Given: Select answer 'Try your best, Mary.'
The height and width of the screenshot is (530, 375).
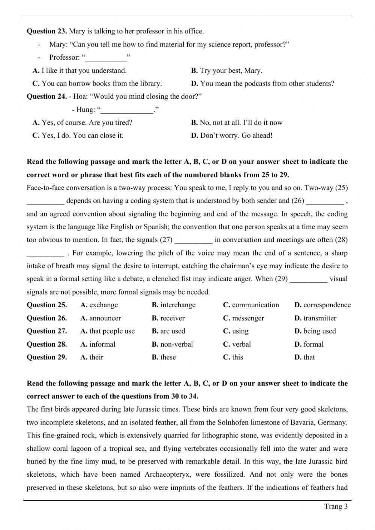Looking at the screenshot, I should [x=231, y=71].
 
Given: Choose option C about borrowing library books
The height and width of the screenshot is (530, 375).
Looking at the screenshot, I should [x=101, y=83].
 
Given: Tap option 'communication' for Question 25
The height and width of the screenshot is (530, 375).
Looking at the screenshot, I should [x=255, y=305].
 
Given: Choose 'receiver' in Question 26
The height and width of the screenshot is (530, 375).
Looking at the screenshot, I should [x=172, y=318].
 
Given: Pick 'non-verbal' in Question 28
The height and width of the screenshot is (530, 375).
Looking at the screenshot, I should [x=176, y=344].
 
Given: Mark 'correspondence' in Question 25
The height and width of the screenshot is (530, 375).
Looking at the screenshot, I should [x=327, y=305].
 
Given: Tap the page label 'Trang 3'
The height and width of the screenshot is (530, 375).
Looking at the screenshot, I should [x=336, y=507].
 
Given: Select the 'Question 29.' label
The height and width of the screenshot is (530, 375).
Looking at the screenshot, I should [x=47, y=357].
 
